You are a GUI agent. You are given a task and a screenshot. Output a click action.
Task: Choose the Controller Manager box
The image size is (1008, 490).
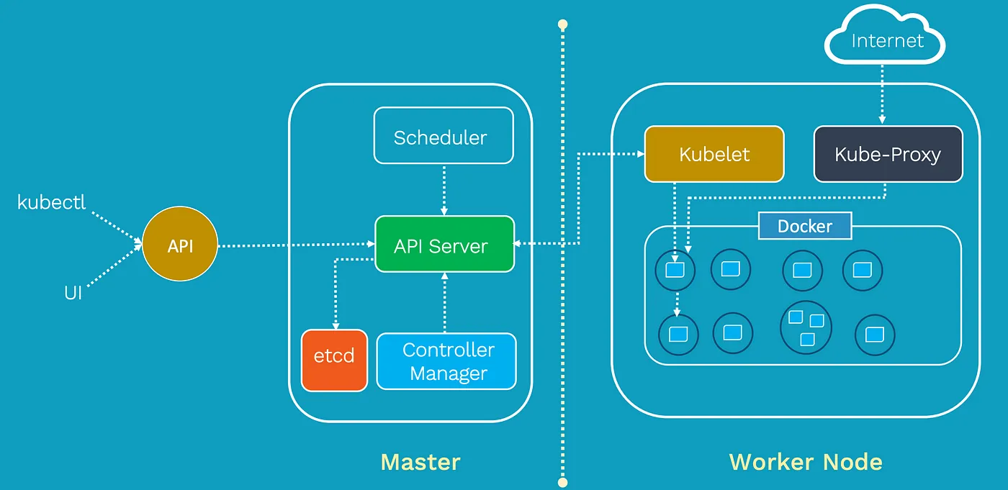pos(446,361)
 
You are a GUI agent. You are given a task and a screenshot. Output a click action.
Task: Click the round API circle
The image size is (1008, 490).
pos(180,246)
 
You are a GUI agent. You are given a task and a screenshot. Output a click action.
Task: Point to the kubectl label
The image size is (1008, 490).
pos(52,202)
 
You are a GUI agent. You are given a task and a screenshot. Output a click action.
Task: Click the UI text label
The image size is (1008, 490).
pos(73,294)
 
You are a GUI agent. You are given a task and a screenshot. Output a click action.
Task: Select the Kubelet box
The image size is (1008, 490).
pos(714,154)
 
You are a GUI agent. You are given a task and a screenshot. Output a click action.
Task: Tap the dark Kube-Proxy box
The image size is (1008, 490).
pos(888,154)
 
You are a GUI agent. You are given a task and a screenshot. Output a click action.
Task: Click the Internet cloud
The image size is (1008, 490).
pos(886,41)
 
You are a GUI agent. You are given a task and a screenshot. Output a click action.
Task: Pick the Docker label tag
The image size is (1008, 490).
pos(805,226)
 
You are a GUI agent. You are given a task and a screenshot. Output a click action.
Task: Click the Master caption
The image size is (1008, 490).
pos(420,461)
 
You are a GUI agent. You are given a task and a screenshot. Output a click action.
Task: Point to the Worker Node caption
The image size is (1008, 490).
pos(806,461)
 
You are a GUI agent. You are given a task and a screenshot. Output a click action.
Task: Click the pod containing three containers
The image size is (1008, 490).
pos(806,327)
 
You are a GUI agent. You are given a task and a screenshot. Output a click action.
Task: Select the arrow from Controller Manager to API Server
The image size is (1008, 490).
pos(444,302)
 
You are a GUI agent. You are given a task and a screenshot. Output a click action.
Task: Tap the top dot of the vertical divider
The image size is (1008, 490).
pos(563,24)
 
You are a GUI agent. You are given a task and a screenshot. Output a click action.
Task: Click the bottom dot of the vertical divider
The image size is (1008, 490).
pos(563,482)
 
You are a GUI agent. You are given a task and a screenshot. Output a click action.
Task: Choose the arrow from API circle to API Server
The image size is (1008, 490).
pos(295,246)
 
